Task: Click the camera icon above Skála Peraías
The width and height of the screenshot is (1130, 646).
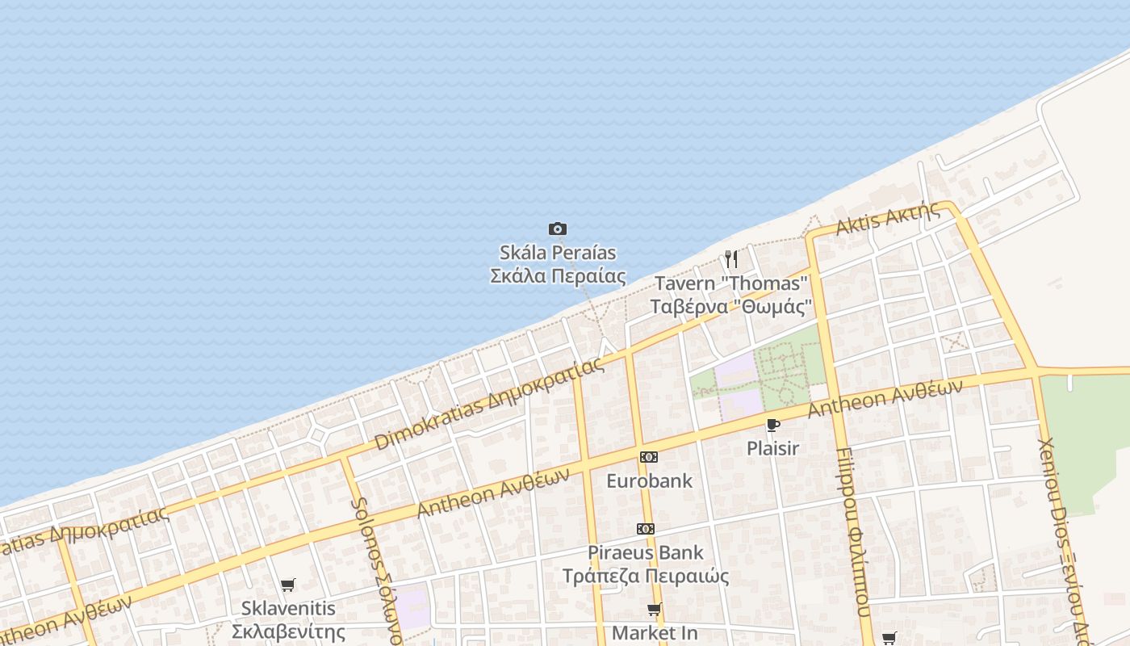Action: pos(557,229)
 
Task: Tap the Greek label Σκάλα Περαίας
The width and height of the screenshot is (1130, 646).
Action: pos(558,276)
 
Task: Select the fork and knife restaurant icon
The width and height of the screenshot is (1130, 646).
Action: pos(730,259)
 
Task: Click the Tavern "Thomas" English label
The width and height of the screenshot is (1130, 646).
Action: pos(731,284)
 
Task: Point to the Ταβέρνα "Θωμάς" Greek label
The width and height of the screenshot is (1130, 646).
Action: pos(731,308)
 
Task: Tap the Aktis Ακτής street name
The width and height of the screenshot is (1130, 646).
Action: pos(888,219)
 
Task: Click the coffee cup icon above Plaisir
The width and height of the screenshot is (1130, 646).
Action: pos(772,425)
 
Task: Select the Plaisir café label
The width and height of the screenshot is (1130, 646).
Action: pos(772,448)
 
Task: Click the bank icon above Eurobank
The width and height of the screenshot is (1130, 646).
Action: pos(648,457)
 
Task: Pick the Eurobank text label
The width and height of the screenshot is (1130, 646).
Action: pos(649,481)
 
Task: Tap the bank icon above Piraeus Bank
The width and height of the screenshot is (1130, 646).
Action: pos(645,529)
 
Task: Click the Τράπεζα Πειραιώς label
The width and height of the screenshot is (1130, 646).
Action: pos(646,577)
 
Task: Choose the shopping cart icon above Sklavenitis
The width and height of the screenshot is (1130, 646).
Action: pos(288,585)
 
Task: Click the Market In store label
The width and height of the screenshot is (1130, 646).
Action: pos(655,633)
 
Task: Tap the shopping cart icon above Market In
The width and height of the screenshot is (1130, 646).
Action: pos(654,610)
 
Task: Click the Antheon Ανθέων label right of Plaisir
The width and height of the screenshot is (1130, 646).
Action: pos(885,399)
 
